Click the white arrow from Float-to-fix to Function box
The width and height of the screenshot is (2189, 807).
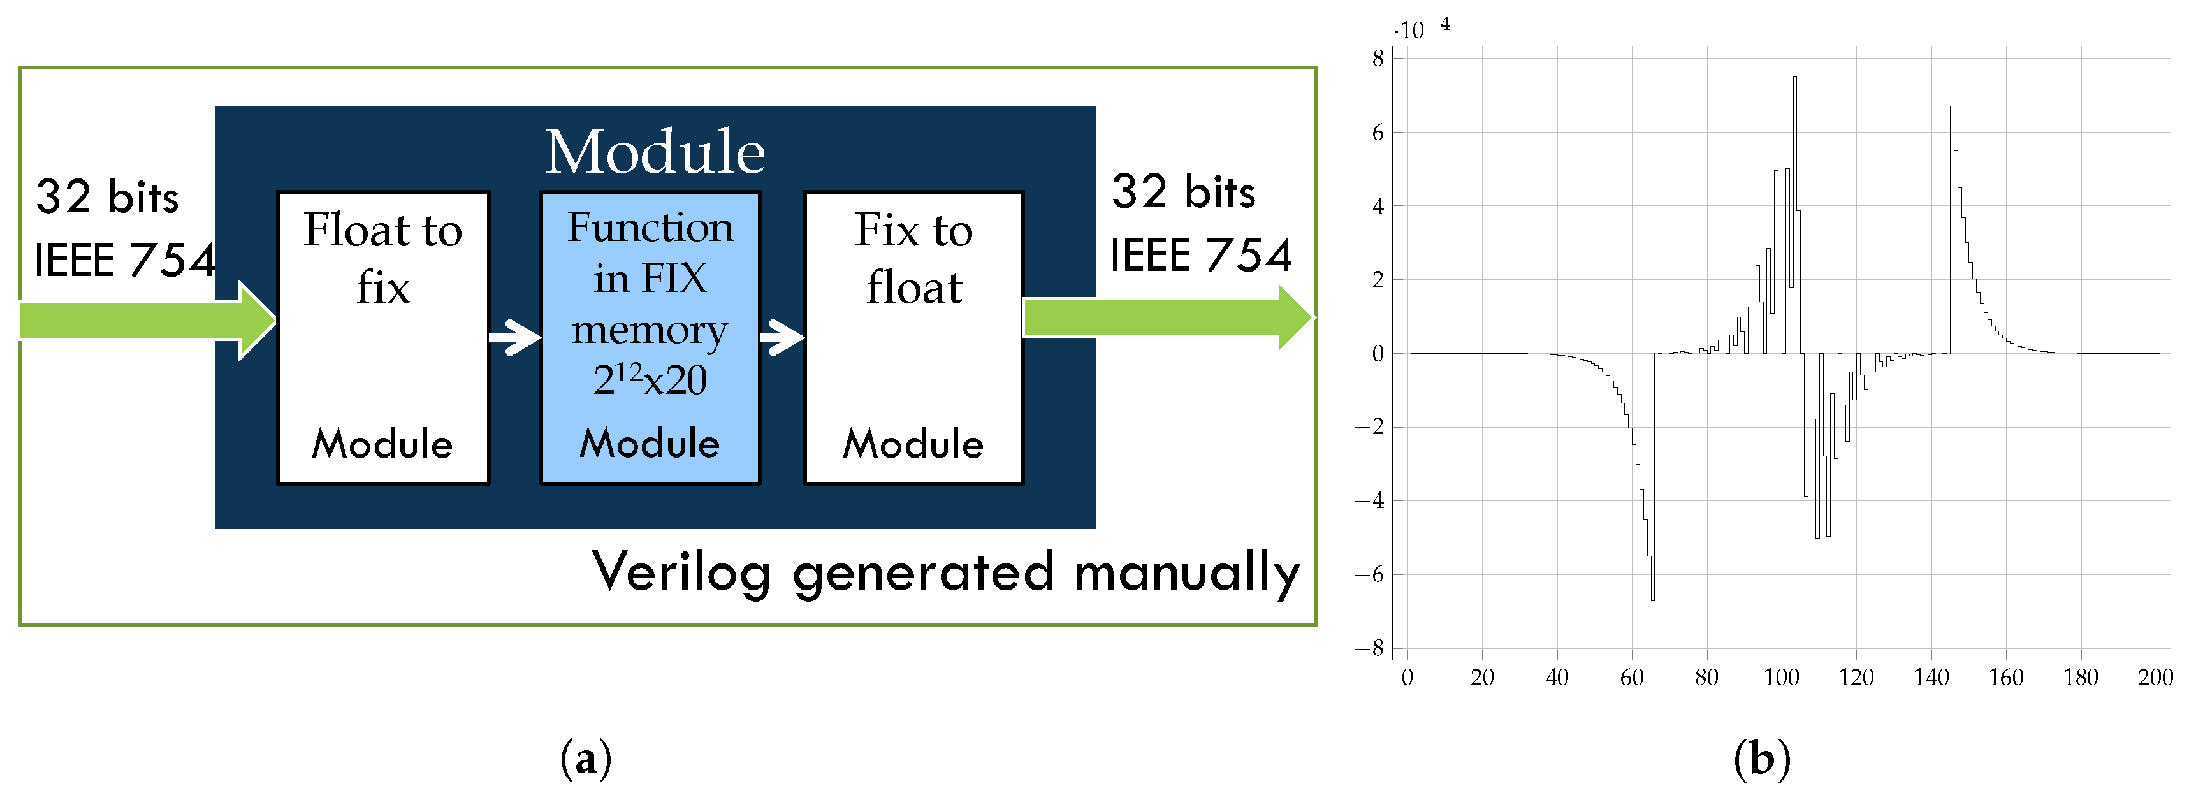pyautogui.click(x=515, y=337)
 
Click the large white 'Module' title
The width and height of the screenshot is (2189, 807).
pyautogui.click(x=654, y=152)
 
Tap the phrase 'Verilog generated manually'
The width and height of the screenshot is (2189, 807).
pyautogui.click(x=946, y=572)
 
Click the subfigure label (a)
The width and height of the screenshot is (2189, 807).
pyautogui.click(x=585, y=759)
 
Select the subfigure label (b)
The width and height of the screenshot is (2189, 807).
pyautogui.click(x=1761, y=759)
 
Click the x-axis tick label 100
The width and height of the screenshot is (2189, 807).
pyautogui.click(x=1781, y=678)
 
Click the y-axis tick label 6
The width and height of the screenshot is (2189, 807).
pyautogui.click(x=1378, y=133)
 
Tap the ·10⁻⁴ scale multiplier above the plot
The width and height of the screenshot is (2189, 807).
pyautogui.click(x=1421, y=29)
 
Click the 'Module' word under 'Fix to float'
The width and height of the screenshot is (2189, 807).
pyautogui.click(x=913, y=444)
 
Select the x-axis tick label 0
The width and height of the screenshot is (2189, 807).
pyautogui.click(x=1407, y=678)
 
